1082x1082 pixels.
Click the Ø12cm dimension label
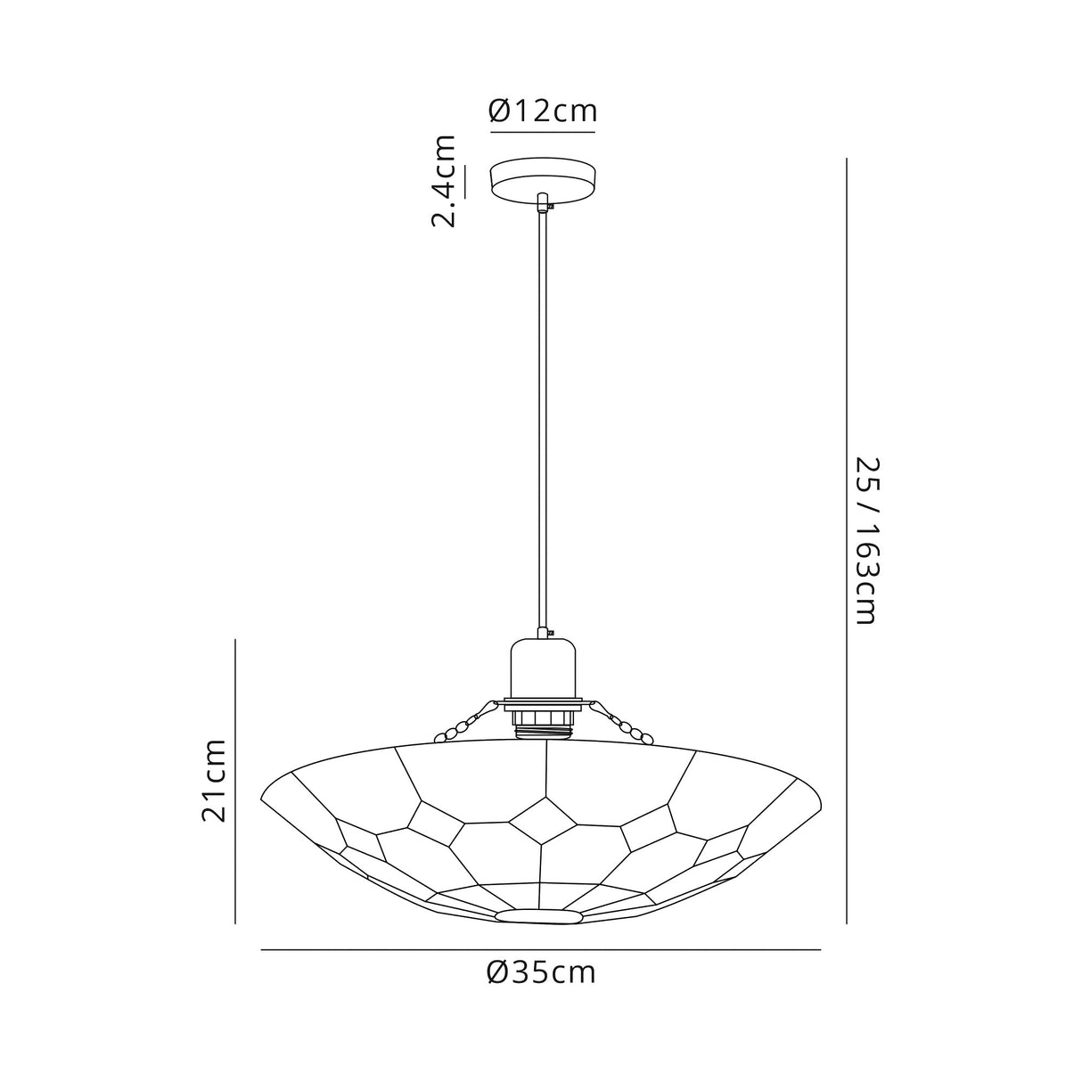click(x=542, y=111)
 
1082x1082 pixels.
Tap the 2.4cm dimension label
click(x=444, y=182)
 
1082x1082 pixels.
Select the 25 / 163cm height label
click(x=866, y=541)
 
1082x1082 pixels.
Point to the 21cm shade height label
click(x=214, y=780)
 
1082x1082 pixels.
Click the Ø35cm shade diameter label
click(x=541, y=971)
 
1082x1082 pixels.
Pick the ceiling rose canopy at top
click(x=542, y=177)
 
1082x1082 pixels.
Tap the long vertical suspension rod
click(x=542, y=419)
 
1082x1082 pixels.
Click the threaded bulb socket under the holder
click(x=542, y=720)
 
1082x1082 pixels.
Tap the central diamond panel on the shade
click(x=542, y=819)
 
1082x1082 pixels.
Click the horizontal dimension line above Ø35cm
click(x=540, y=951)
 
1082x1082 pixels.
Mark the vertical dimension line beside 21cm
click(x=235, y=780)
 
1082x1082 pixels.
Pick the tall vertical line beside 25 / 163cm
click(x=846, y=541)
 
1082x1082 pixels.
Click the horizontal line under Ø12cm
click(x=542, y=133)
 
